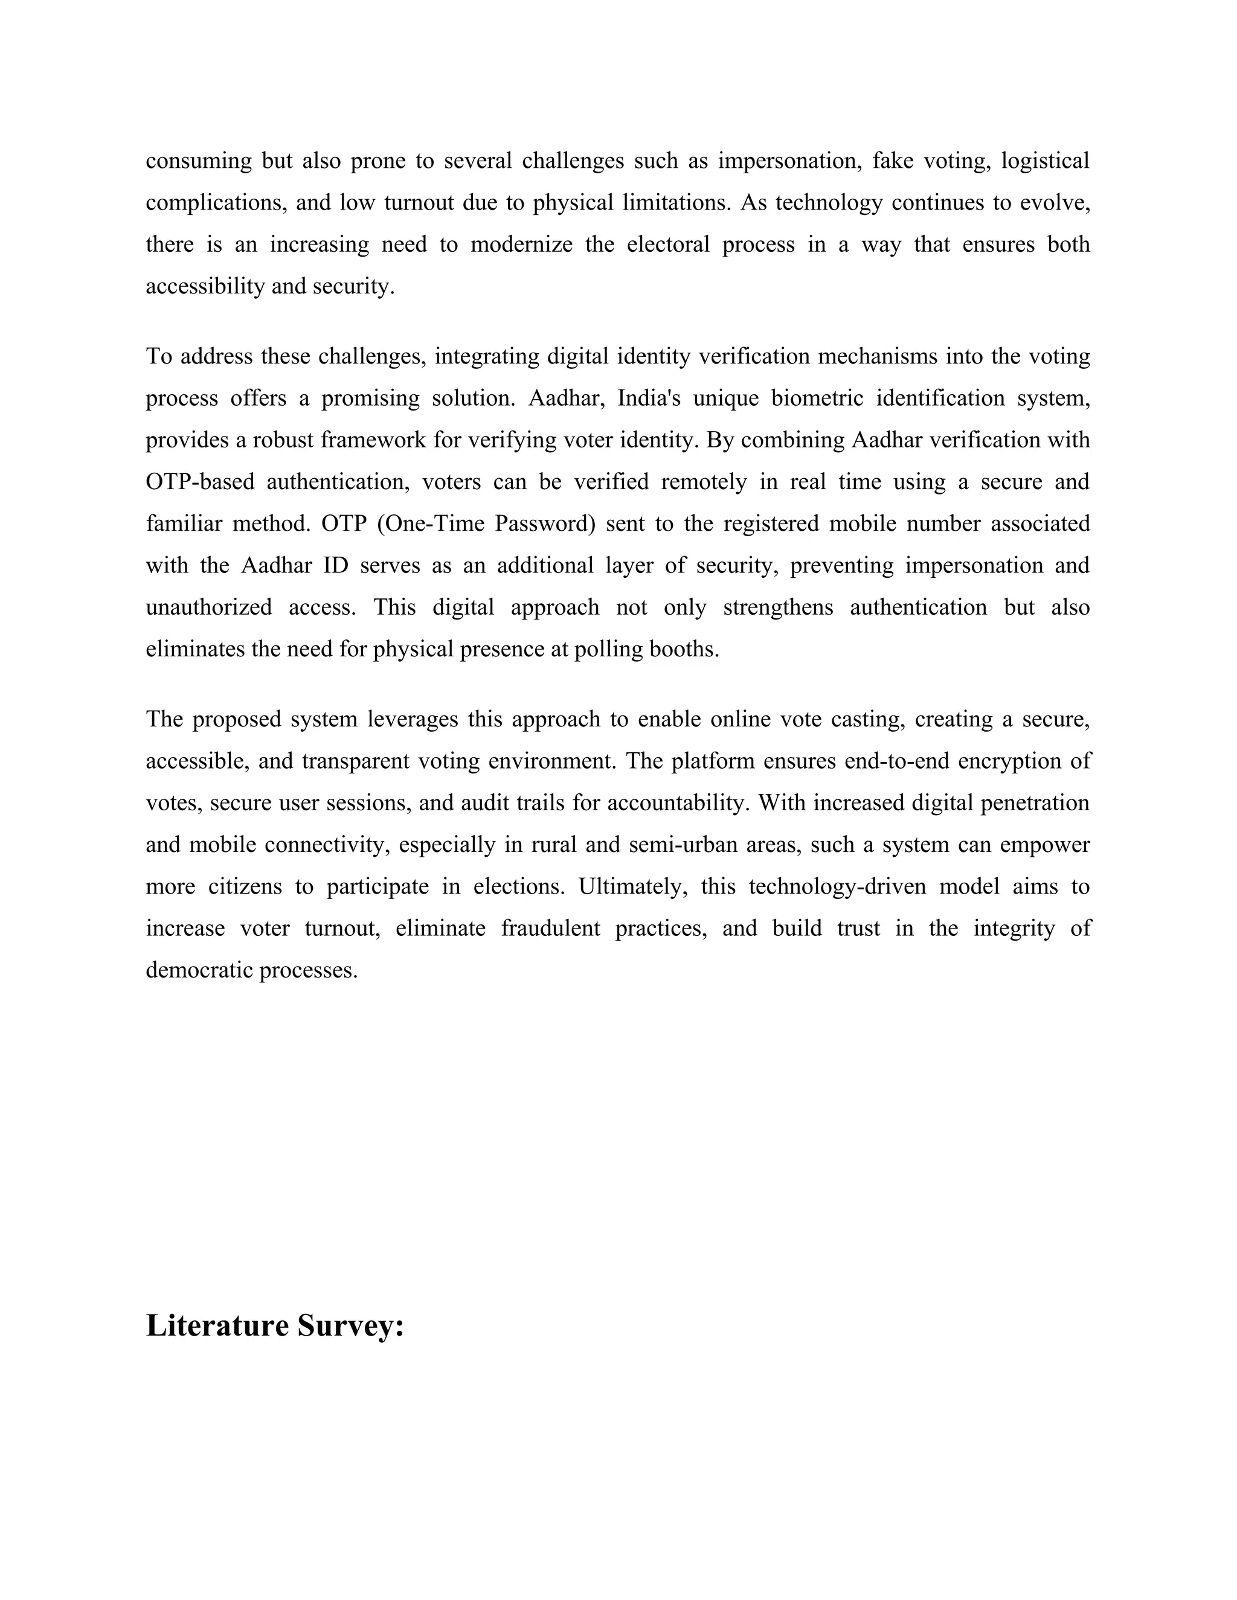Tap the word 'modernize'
click(x=521, y=245)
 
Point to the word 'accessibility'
click(x=205, y=286)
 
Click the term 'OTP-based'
click(x=200, y=482)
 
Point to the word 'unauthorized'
click(x=208, y=607)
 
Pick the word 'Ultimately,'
click(x=633, y=886)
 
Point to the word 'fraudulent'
click(x=550, y=928)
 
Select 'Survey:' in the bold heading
click(x=350, y=1326)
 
